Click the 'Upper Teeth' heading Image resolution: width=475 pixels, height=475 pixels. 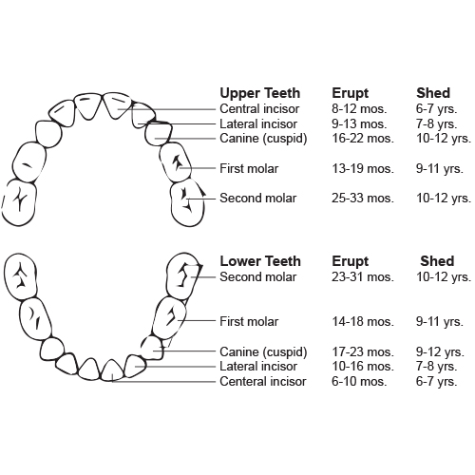[260, 93]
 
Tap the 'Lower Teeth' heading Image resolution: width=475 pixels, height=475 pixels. [260, 261]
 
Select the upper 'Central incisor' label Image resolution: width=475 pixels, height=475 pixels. [259, 108]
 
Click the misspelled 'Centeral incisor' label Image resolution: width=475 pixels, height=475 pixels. [263, 381]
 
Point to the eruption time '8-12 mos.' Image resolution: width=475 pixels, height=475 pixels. [359, 108]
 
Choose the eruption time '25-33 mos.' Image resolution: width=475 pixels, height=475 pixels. [363, 198]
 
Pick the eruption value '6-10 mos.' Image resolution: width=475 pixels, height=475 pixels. [359, 381]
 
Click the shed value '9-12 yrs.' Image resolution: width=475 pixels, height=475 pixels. [440, 351]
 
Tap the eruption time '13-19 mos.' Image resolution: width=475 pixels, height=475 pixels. [363, 168]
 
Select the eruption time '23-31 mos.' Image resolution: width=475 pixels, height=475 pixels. [363, 276]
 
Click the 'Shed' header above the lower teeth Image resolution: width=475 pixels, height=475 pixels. [437, 261]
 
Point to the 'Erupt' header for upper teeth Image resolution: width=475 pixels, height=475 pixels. [350, 93]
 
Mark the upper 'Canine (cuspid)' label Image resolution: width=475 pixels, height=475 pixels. [263, 139]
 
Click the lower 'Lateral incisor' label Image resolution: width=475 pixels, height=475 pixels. [258, 367]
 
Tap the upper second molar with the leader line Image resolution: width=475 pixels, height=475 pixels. [187, 203]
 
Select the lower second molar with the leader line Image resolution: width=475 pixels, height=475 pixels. [182, 276]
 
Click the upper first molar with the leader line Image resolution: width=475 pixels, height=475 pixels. [176, 162]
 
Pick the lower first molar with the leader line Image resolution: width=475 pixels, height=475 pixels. [170, 318]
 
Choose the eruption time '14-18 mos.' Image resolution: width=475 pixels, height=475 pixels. [363, 321]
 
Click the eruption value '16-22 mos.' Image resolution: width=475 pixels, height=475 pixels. [363, 139]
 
